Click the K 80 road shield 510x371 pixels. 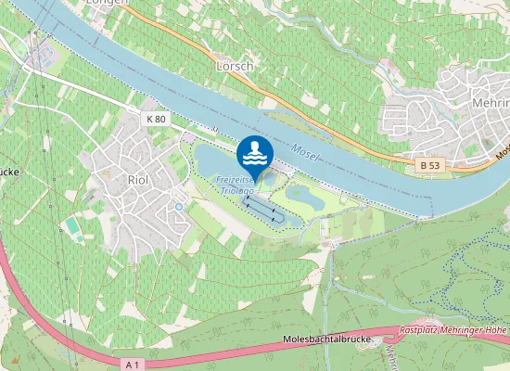pyautogui.click(x=155, y=119)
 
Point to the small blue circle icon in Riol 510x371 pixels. pyautogui.click(x=178, y=206)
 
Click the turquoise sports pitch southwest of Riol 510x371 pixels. pyautogui.click(x=72, y=225)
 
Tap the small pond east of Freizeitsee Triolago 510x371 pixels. pyautogui.click(x=302, y=195)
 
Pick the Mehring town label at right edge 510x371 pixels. pyautogui.click(x=491, y=102)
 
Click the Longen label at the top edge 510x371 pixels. pyautogui.click(x=104, y=4)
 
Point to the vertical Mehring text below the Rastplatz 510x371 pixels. pyautogui.click(x=392, y=357)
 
